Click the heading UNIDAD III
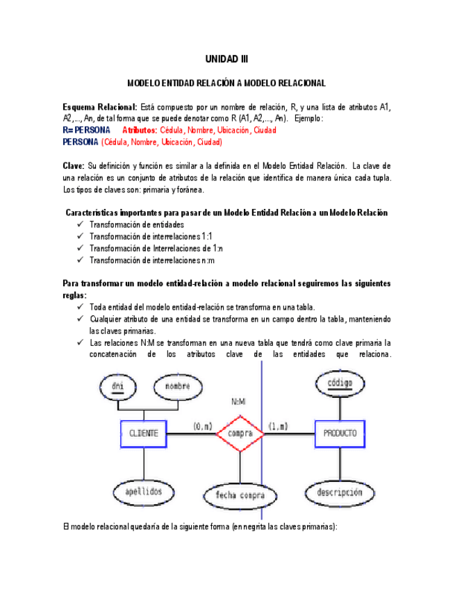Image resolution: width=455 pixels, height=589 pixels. coord(226,60)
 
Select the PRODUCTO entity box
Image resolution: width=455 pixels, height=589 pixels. coord(340,433)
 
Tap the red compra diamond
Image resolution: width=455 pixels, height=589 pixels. coord(240,433)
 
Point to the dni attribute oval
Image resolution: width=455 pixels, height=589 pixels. coord(117,386)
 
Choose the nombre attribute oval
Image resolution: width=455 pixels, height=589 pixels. coord(177,386)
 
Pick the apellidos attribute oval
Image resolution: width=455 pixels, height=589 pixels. coord(143,491)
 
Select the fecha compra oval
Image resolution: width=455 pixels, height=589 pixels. coord(240,495)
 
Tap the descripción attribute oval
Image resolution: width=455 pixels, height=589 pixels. coord(340,492)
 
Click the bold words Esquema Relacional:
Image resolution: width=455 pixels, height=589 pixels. coord(100,107)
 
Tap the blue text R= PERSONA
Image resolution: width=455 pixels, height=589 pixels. coord(86,130)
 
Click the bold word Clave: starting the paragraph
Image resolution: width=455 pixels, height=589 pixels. coord(74,166)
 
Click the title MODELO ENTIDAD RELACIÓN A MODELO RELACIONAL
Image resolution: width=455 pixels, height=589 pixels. coord(226,83)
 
